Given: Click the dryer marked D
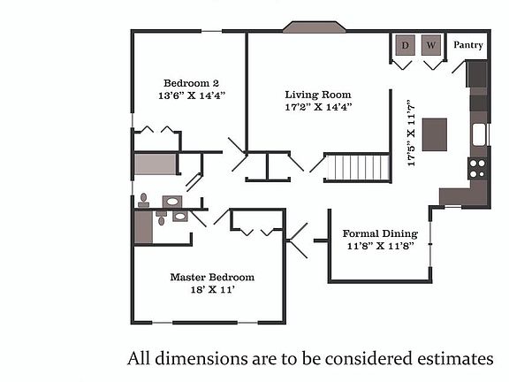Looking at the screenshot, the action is pos(405,45).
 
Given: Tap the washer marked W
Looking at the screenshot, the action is pos(431,45).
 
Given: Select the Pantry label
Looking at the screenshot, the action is pos(468,45).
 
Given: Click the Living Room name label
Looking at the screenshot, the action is pos(318,95).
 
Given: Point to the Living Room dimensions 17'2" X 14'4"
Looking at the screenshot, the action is pos(318,107).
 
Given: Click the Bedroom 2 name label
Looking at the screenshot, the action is pos(191,83).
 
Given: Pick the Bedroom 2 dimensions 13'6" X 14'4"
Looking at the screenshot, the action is pos(192,95).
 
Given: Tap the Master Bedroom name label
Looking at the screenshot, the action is pos(212,277).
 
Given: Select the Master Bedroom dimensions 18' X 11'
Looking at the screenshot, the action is pos(213,289).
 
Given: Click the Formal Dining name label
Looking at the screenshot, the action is pos(380,233).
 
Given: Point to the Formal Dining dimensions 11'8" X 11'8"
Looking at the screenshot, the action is pos(381,246).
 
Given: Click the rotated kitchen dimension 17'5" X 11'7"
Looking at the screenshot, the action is pos(411,134).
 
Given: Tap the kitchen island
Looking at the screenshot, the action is pos(435,134).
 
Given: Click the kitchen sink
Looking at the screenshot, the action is pos(479,134).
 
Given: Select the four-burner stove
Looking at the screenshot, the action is pos(477,168).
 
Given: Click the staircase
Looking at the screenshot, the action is pos(359,168).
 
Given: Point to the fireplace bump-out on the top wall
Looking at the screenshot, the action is pos(314,27).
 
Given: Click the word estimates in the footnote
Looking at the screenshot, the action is pos(455,359).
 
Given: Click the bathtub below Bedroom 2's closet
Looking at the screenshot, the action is pos(156,164).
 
